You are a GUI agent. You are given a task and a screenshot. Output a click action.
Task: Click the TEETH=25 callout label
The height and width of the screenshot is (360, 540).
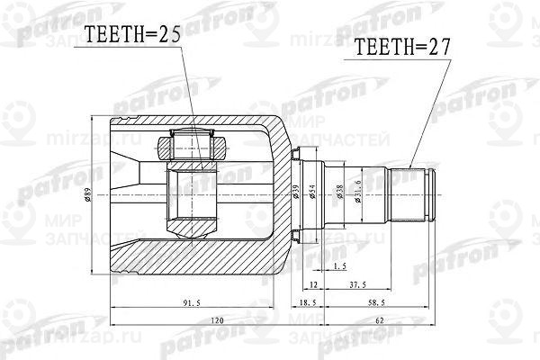click(x=133, y=36)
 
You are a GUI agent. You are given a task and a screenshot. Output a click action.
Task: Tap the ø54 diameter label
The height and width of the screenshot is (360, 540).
click(x=311, y=192)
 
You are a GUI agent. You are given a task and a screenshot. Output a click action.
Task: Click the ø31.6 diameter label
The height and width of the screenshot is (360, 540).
click(x=357, y=193)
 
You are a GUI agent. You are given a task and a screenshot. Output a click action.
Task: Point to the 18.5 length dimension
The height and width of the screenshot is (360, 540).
click(x=307, y=304)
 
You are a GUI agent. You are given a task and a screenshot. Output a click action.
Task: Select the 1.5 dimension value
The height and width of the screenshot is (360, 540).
click(x=339, y=266)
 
